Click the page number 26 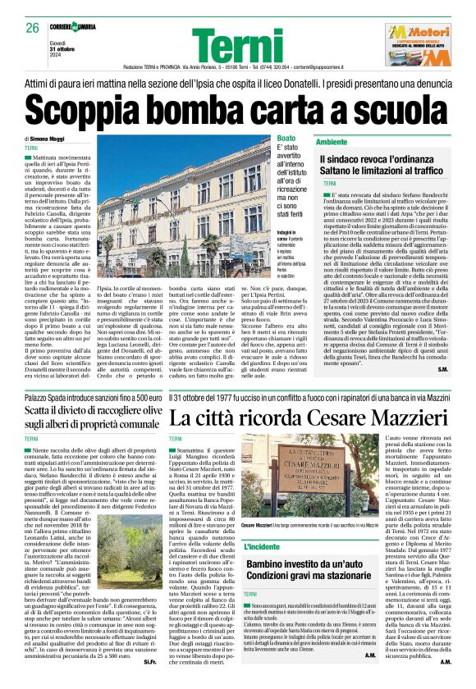click(x=33, y=28)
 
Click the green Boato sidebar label click(x=286, y=139)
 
